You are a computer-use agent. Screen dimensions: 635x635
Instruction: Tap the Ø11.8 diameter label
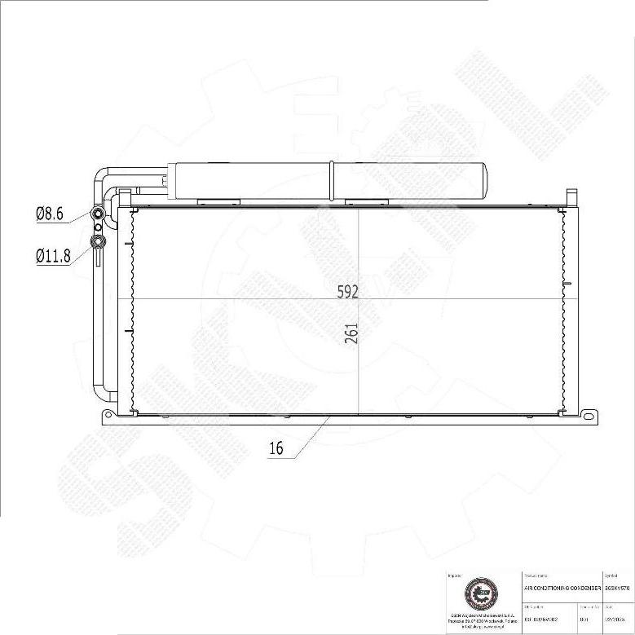[53, 255]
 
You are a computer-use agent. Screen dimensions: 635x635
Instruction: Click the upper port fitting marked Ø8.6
[98, 214]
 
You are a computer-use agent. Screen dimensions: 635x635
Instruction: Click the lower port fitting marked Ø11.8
[98, 240]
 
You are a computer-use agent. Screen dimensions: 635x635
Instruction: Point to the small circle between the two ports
[98, 227]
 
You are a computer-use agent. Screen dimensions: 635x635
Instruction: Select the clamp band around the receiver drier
[333, 179]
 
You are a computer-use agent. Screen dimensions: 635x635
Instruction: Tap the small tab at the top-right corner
[571, 196]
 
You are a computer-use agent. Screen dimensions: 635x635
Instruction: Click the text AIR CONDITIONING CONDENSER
[562, 587]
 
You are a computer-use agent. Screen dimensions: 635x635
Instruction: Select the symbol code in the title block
[618, 587]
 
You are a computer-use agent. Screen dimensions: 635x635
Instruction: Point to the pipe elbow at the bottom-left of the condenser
[101, 392]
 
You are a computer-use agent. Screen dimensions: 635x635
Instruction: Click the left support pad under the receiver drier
[218, 201]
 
